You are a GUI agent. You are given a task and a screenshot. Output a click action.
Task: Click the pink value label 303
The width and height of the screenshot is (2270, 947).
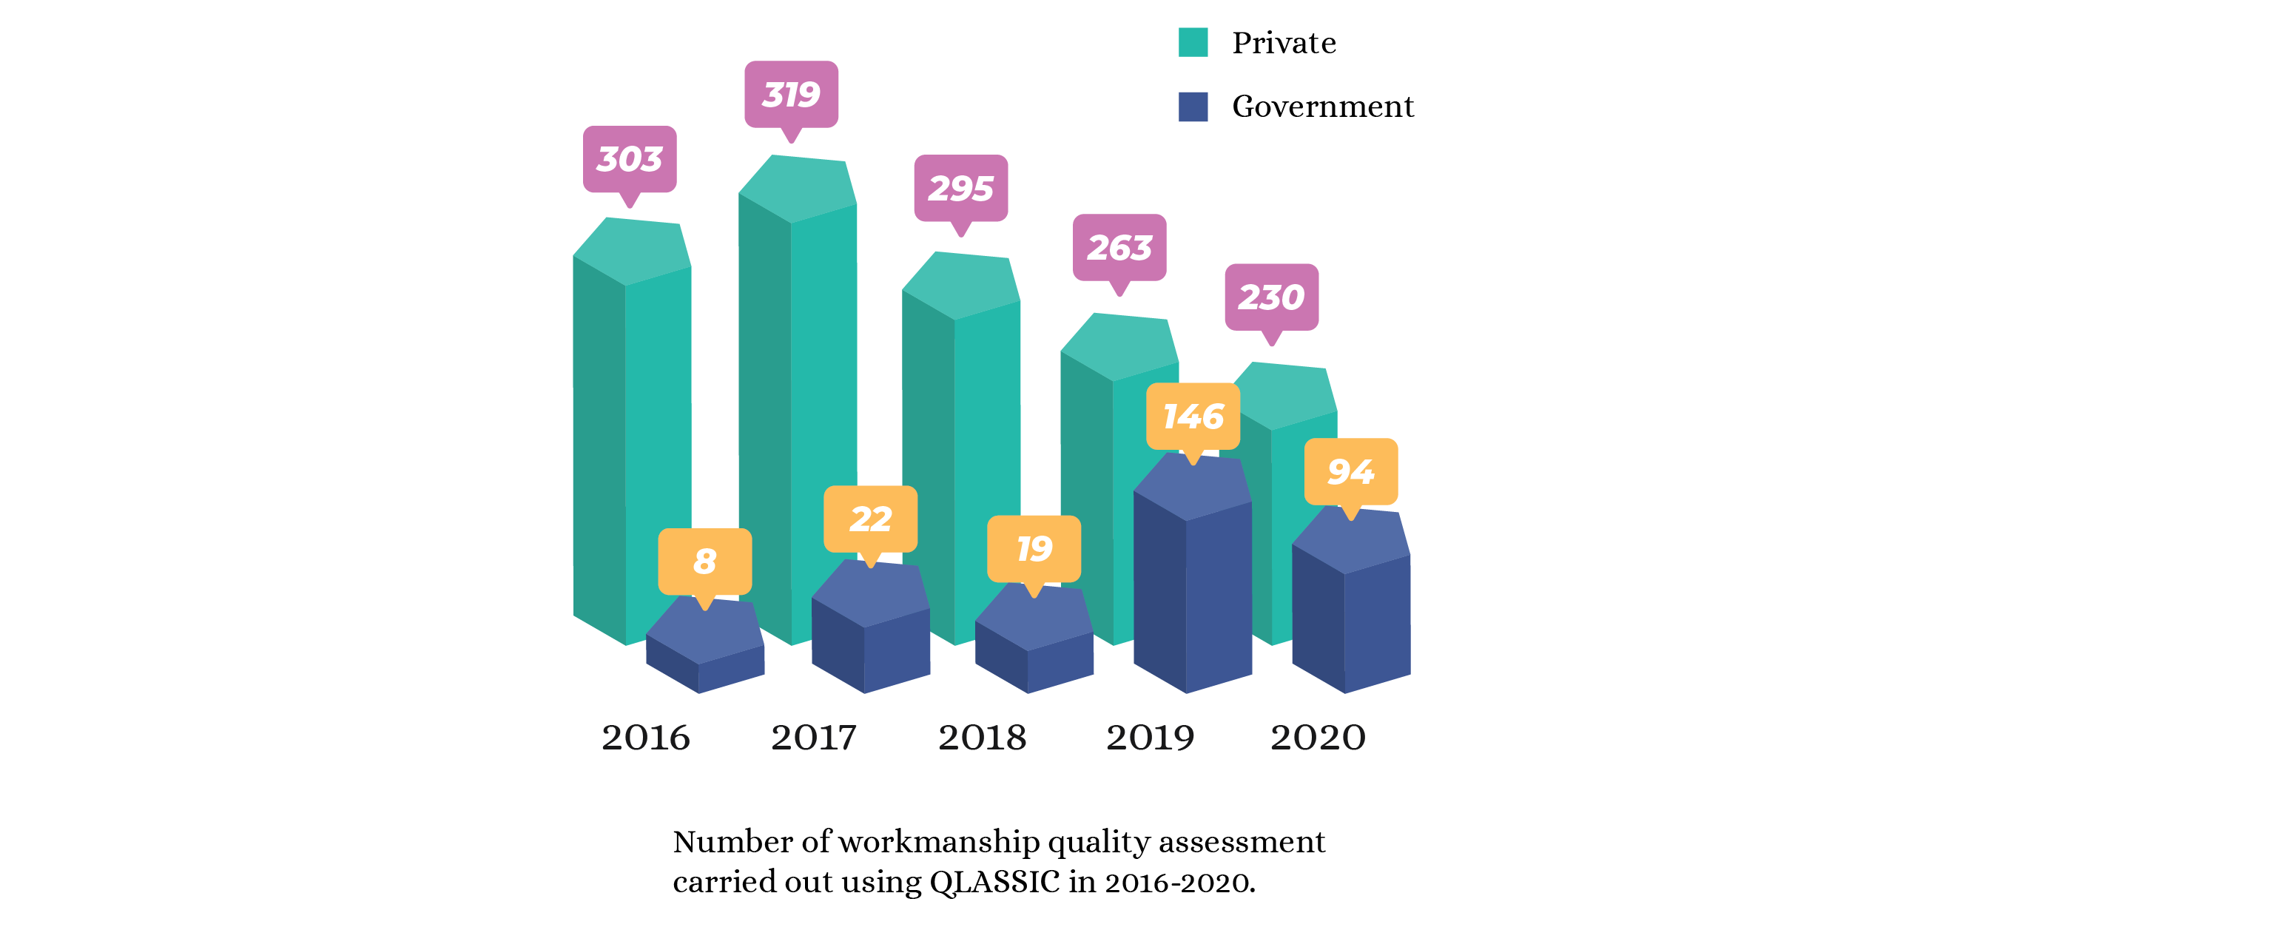click(x=629, y=160)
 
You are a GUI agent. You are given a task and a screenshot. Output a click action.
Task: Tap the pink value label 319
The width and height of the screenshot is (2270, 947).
click(x=790, y=94)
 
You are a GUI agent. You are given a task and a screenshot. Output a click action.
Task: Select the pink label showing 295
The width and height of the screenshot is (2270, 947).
click(x=960, y=189)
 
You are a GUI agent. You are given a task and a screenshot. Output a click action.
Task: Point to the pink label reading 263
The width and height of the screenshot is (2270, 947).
click(x=1119, y=248)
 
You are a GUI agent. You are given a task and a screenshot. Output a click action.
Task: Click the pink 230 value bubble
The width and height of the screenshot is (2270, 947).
click(x=1270, y=297)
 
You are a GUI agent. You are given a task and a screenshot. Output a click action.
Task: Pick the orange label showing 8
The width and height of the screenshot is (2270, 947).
click(x=704, y=561)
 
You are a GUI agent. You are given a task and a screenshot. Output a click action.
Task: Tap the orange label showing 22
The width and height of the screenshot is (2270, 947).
click(x=870, y=519)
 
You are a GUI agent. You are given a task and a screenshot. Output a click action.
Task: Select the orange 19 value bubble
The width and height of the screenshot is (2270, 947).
click(x=1034, y=549)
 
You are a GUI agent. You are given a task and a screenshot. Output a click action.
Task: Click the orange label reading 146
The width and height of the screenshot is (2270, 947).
click(x=1192, y=416)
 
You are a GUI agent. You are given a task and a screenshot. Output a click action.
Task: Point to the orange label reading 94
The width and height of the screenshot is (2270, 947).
click(x=1350, y=471)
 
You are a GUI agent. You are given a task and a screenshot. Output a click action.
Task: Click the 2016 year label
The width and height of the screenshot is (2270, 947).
click(x=645, y=738)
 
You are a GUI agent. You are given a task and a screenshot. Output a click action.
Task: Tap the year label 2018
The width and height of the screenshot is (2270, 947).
click(x=982, y=738)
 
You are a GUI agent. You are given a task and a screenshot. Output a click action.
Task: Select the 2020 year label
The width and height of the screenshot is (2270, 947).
click(x=1318, y=738)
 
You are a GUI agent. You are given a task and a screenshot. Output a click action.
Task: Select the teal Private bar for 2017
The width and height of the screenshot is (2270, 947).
click(x=798, y=397)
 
